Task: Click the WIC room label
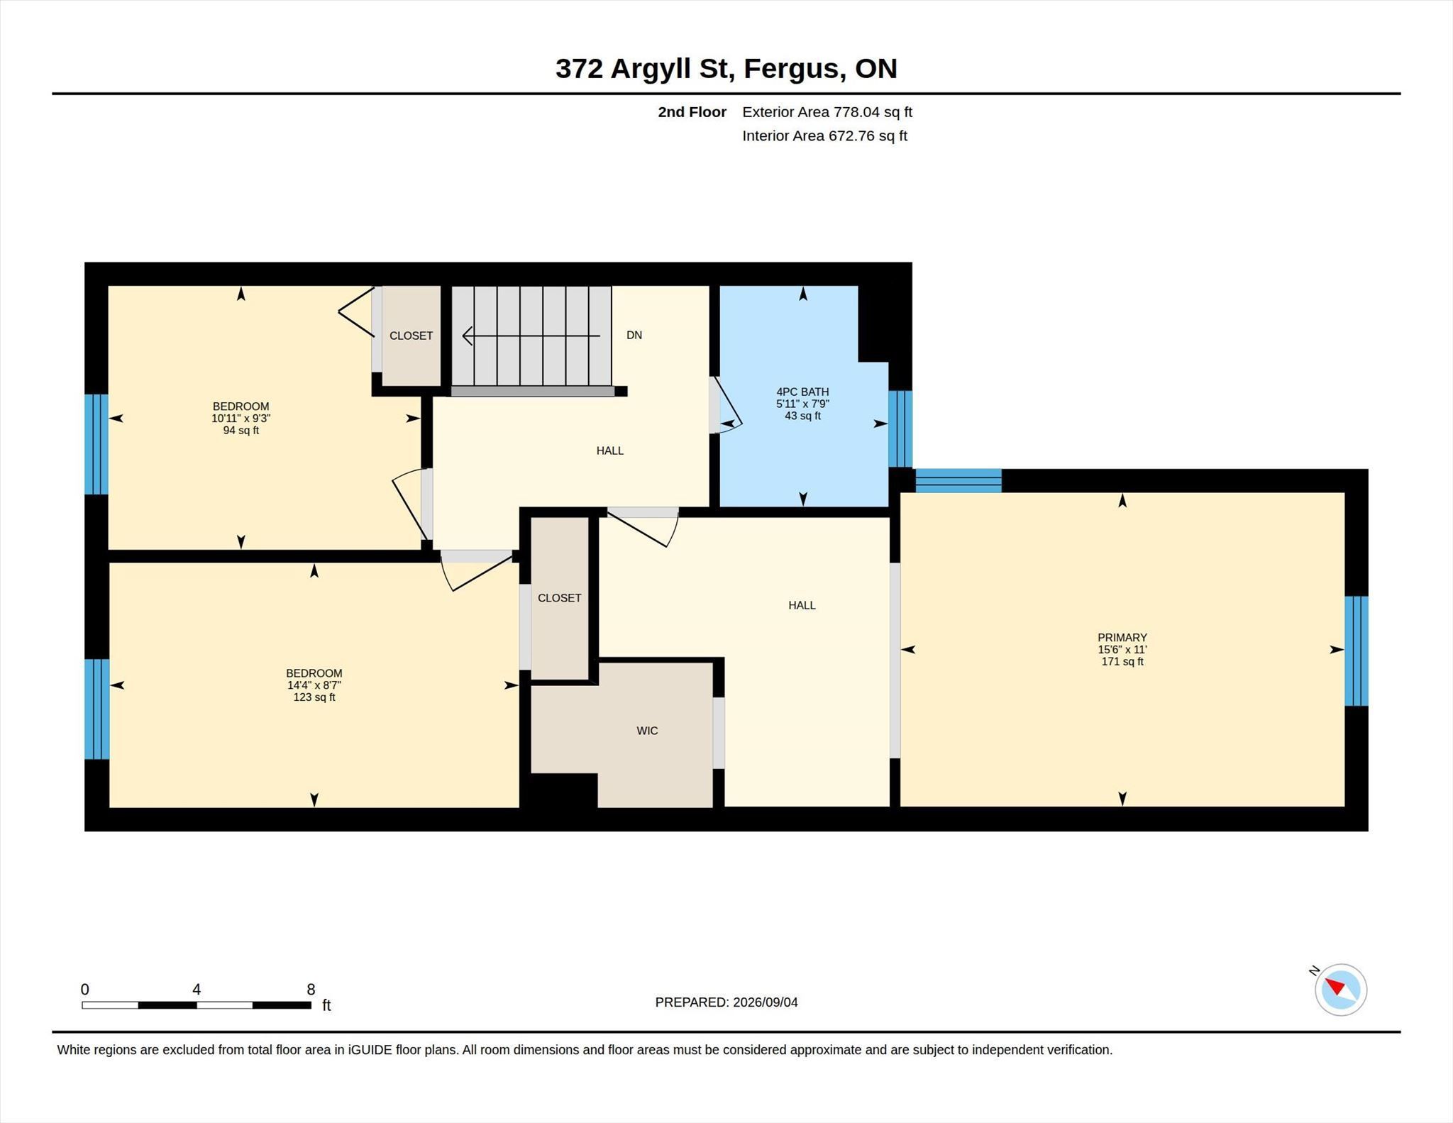647,731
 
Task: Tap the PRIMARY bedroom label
1122,638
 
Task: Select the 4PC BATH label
802,392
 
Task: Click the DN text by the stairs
634,335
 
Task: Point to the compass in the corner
1340,989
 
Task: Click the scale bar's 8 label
311,990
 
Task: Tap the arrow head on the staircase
468,336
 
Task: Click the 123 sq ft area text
314,697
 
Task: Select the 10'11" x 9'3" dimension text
241,419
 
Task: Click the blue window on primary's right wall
1357,651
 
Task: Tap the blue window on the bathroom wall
900,428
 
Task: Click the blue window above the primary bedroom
958,480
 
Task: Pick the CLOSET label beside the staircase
411,336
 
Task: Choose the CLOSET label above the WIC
559,598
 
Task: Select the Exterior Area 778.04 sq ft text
827,112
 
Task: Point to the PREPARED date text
726,1002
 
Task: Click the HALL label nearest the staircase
610,450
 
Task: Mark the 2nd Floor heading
692,112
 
